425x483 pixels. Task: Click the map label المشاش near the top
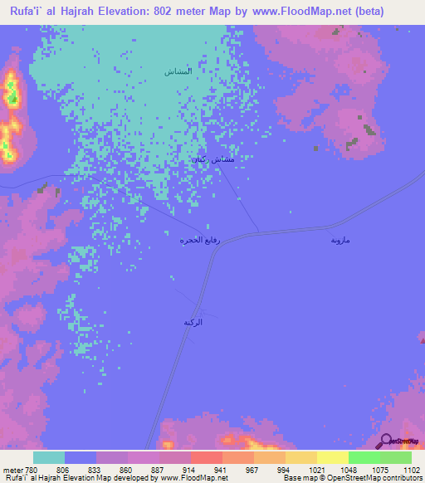(179, 71)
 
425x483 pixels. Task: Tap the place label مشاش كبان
(213, 159)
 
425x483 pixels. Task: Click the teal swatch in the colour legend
(49, 457)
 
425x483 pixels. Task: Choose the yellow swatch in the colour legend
(332, 457)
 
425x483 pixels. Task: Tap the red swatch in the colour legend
(206, 457)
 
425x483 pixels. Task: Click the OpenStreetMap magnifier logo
(385, 441)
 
